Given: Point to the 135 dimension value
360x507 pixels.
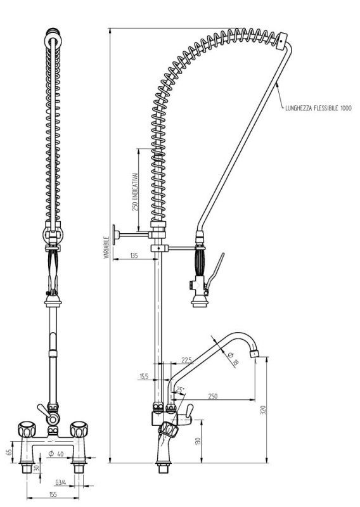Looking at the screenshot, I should click(x=134, y=255).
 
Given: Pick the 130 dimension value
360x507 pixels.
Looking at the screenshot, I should click(x=198, y=441).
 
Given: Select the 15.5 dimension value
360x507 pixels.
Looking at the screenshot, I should click(x=144, y=376).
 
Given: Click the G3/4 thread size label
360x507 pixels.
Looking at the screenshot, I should click(x=62, y=483).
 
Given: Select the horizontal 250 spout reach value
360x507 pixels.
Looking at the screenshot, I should click(x=213, y=396).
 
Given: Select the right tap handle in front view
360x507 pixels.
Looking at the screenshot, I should click(x=80, y=427).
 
